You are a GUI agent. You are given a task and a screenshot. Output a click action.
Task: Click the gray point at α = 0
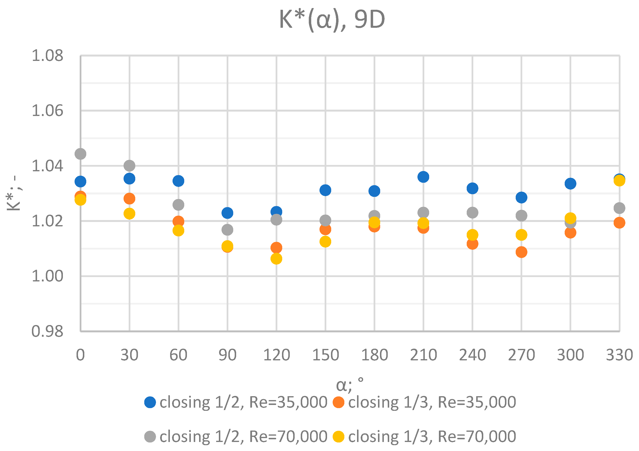coord(80,154)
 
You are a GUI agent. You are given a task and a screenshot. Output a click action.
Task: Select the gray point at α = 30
coord(129,166)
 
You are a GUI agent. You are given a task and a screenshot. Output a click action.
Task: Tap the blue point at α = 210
coord(423,177)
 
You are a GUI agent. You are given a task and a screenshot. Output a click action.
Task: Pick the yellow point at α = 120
coord(276,259)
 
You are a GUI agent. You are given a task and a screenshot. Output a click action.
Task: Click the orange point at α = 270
coord(521,252)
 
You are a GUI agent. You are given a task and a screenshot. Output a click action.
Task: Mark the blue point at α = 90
coord(227,213)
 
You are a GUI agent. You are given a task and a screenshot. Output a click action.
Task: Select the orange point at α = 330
coord(619,223)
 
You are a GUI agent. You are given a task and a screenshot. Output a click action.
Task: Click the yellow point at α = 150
coord(325,241)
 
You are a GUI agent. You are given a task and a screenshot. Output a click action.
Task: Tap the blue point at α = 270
coord(521,198)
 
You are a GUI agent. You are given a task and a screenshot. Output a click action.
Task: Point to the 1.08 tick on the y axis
coord(47,56)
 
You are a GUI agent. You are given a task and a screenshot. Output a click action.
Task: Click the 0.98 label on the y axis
coord(47,331)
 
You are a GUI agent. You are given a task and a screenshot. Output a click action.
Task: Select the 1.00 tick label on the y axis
coord(47,276)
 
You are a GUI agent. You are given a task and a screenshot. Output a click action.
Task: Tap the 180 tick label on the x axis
coord(374,355)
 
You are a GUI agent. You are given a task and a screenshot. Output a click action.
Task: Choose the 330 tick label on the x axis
coord(619,355)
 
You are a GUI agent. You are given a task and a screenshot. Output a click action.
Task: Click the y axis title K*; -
coord(14,193)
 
